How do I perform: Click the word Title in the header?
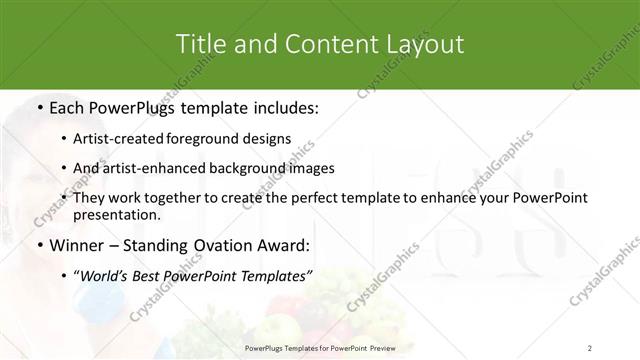(199, 44)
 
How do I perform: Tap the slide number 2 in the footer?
(590, 347)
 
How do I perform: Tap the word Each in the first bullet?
(67, 107)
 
